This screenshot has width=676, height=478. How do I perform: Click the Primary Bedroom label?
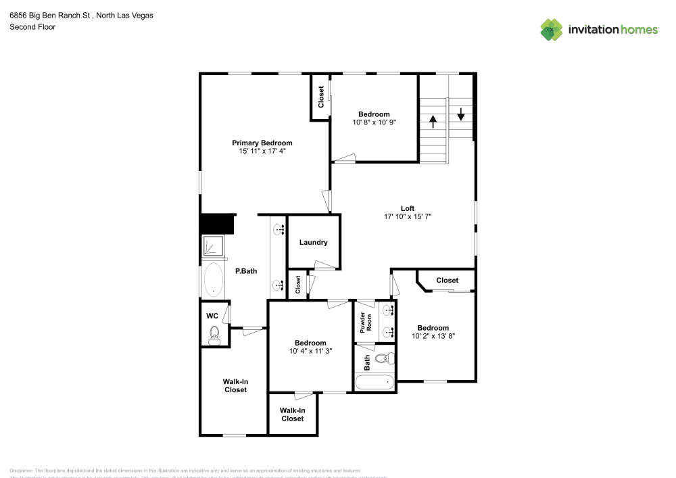pos(262,143)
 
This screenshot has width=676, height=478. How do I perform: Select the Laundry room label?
pos(314,242)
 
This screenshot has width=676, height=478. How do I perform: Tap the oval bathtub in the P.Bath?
pos(214,279)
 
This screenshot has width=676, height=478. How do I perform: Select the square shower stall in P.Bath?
pos(213,247)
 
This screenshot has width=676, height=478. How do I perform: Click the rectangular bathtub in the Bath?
pos(375,382)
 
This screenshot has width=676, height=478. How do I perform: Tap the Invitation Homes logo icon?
pos(552,30)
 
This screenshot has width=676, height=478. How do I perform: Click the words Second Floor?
pos(32,27)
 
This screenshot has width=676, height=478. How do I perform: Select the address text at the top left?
pos(80,14)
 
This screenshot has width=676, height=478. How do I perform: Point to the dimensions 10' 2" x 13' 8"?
pos(433,336)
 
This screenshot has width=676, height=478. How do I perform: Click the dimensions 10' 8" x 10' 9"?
pos(374,122)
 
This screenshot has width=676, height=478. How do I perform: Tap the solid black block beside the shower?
pos(217,224)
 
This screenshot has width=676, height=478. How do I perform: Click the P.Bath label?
pos(246,271)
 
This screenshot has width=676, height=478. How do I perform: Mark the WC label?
pos(212,316)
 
